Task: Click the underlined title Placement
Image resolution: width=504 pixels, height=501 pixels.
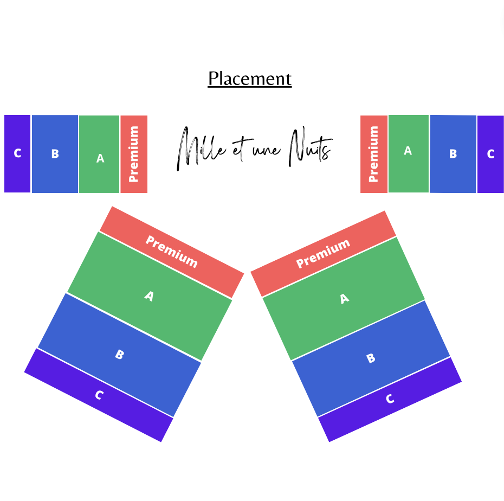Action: coord(250,79)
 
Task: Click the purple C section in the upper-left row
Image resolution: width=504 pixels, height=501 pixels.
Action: coord(17,153)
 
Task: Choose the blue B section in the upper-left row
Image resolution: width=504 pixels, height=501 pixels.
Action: coord(55,154)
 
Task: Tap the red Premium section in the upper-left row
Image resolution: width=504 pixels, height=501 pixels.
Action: coord(134,154)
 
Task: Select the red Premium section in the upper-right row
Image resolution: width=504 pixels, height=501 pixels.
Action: coord(373,154)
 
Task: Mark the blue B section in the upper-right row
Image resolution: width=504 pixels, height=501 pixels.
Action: coord(453,154)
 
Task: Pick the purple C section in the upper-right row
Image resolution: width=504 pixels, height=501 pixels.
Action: coord(490,154)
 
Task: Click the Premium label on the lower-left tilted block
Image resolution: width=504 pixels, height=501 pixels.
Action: coord(171,252)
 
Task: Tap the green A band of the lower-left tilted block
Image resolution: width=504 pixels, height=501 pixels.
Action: coord(149,297)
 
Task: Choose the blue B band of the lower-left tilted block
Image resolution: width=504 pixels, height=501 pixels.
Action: coord(120,355)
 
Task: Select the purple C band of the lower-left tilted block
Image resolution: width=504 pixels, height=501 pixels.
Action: coord(99,395)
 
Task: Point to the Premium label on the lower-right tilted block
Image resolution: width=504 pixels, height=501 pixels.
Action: coord(323,254)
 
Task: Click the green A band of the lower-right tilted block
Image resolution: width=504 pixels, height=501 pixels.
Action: coord(344,299)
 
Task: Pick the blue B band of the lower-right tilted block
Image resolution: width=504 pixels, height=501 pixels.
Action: coord(371,358)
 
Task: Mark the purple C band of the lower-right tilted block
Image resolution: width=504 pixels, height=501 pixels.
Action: coord(390,400)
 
